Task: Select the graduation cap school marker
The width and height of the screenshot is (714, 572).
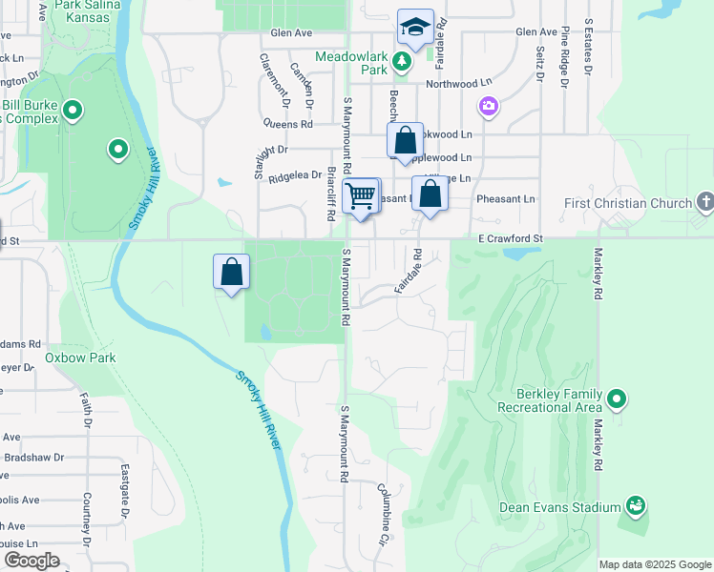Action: (415, 28)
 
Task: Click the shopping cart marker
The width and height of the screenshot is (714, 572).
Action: (361, 196)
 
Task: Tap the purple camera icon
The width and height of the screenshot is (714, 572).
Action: (489, 106)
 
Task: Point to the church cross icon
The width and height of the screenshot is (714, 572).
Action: (704, 201)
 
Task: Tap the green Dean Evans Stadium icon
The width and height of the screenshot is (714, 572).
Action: (636, 504)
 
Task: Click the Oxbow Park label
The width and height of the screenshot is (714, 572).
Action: (80, 358)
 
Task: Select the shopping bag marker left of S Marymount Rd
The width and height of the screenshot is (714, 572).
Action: (232, 272)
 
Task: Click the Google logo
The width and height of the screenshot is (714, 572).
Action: (31, 560)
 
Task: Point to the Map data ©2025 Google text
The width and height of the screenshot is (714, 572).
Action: (655, 564)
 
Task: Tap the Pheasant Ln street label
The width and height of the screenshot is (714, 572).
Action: (511, 199)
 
